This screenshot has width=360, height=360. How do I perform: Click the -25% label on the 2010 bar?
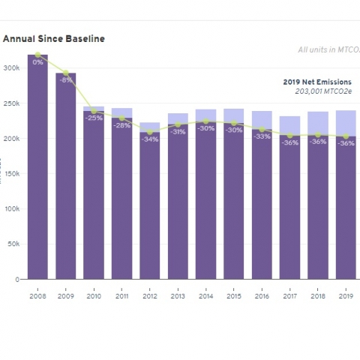point(94,118)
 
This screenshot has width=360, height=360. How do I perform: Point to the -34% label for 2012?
point(150,139)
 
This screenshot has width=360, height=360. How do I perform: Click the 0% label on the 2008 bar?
point(37,62)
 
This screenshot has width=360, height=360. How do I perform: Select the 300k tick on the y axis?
point(10,67)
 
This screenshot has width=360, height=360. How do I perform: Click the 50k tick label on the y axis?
point(12,244)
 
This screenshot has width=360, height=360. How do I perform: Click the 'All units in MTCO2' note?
point(328,50)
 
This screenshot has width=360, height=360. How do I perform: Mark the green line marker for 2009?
point(66,73)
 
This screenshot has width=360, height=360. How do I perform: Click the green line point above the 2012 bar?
point(150,132)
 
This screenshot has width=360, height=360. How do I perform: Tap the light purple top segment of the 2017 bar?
point(289,125)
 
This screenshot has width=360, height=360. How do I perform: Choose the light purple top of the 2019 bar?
point(346,123)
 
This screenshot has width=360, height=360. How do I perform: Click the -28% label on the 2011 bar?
point(122,125)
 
